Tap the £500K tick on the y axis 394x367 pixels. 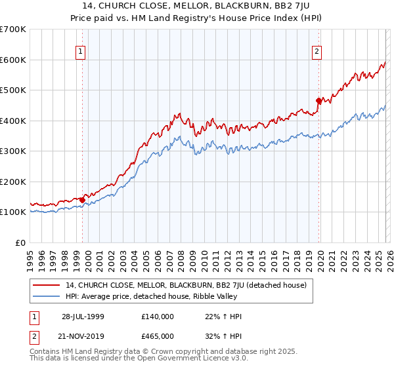[13, 90]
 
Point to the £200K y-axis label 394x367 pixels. [13, 182]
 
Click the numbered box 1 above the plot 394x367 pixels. [80, 51]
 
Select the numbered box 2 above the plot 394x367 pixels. [317, 51]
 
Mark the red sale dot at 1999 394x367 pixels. [83, 200]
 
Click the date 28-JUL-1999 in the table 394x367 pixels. [81, 317]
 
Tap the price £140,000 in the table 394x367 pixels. [157, 317]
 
